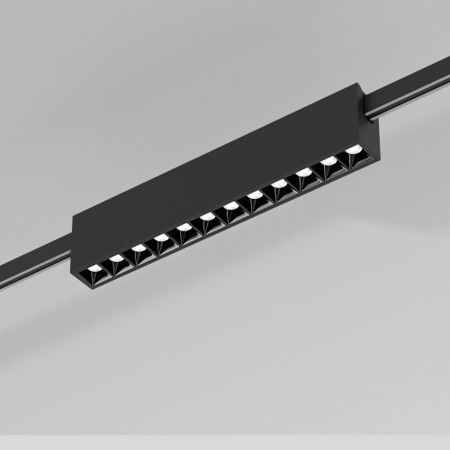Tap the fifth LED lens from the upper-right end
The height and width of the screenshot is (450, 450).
[255, 194]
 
